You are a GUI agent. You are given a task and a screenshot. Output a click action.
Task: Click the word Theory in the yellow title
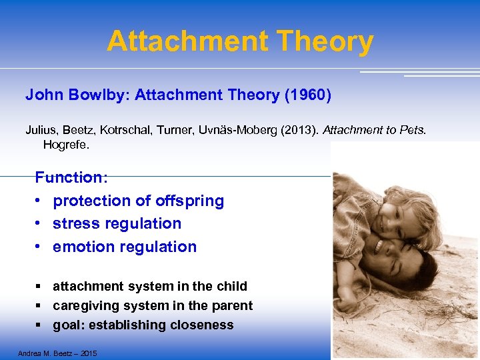pyautogui.click(x=327, y=41)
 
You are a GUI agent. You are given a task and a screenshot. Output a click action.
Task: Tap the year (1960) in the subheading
pyautogui.click(x=307, y=95)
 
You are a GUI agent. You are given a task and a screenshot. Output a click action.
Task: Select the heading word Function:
pyautogui.click(x=71, y=177)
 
